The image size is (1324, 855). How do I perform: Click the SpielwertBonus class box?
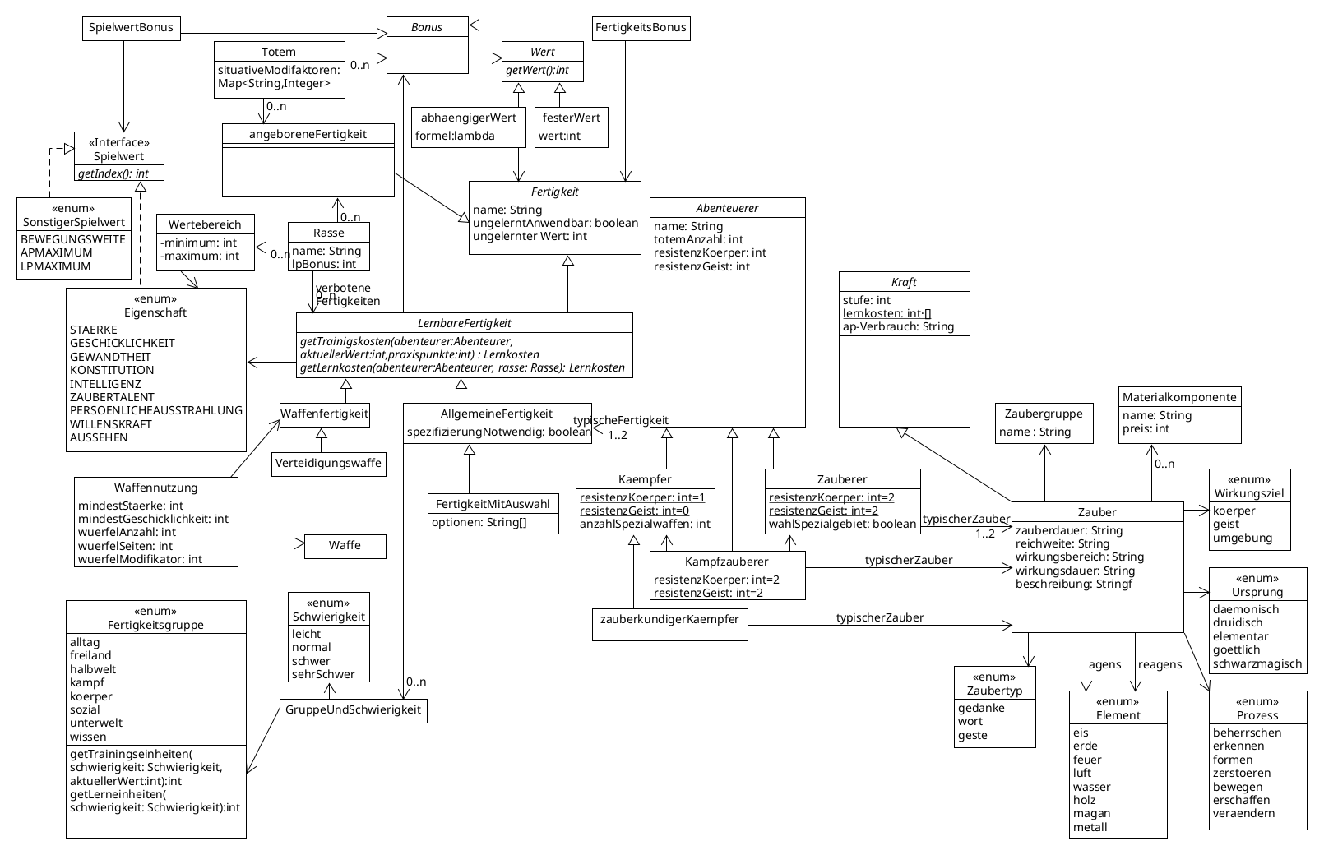tap(132, 28)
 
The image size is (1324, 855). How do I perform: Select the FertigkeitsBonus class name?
tap(641, 27)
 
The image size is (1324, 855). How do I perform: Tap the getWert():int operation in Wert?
tap(537, 71)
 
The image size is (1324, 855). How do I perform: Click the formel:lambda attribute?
tap(455, 136)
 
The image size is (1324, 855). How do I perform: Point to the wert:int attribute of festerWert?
tap(559, 136)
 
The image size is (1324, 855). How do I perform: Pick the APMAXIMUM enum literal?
tap(57, 253)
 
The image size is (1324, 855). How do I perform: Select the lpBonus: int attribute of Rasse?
tap(324, 264)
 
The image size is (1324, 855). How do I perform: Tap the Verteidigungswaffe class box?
tap(329, 464)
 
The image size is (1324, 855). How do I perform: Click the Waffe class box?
tap(345, 547)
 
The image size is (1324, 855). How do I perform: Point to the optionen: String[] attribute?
tap(479, 522)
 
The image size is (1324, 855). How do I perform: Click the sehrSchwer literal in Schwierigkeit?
tap(323, 674)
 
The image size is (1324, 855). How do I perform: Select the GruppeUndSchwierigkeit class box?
tap(354, 711)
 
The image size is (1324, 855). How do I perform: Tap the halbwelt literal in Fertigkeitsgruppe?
tap(93, 669)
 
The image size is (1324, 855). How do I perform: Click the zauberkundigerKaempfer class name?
tap(669, 619)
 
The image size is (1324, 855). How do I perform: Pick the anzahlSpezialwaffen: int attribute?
tap(645, 525)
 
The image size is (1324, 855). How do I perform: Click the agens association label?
tap(1104, 665)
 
